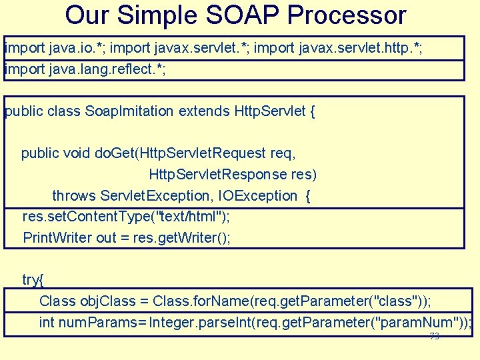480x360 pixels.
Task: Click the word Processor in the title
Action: pos(349,15)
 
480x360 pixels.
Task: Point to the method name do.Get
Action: pos(115,153)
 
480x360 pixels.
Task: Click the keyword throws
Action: pos(74,196)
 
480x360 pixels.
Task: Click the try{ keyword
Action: pos(33,280)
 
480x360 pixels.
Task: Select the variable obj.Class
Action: pos(103,301)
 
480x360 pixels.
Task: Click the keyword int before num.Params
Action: pos(47,323)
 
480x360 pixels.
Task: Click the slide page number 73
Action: pos(435,337)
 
